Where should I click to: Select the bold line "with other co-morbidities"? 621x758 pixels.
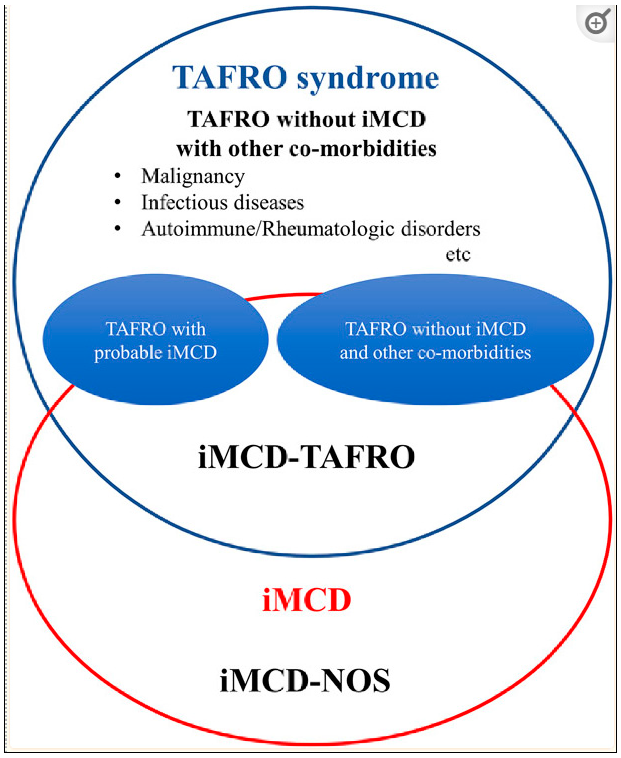click(307, 149)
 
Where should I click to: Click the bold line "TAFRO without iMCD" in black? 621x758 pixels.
click(307, 119)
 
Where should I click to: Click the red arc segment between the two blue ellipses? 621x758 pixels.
click(283, 296)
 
